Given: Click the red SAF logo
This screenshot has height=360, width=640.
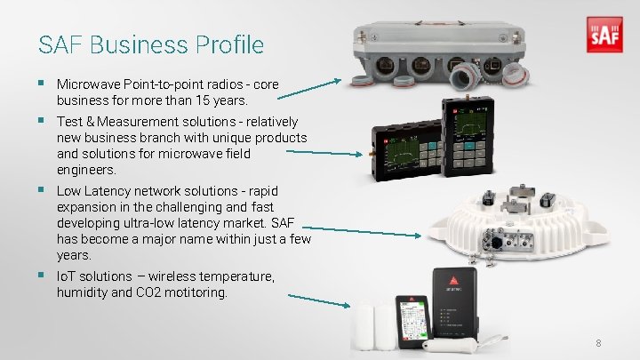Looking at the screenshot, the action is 605,36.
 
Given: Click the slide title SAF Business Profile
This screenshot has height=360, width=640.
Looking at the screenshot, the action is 151,44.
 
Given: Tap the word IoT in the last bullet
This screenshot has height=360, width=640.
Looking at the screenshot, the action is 67,276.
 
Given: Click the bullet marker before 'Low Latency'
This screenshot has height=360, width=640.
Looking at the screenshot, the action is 42,191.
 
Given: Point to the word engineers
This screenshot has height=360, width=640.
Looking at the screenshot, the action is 85,169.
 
